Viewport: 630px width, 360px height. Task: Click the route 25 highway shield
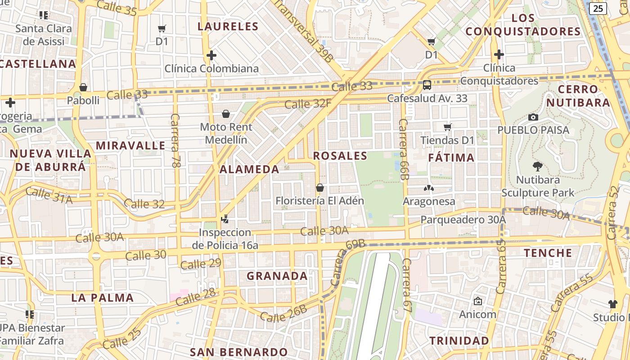coord(598,8)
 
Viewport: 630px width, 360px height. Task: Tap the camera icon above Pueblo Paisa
coord(533,117)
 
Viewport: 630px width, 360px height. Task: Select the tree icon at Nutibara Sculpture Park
coord(537,166)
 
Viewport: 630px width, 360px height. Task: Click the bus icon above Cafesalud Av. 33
coord(427,85)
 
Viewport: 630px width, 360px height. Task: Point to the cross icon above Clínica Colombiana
coord(211,55)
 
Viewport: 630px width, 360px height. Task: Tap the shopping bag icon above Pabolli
coord(83,87)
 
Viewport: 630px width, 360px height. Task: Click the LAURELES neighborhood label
coord(228,26)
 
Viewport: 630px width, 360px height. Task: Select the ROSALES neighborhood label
coord(340,156)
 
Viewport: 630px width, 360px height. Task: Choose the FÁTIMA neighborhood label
coord(451,157)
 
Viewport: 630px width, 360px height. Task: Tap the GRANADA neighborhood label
coord(277,276)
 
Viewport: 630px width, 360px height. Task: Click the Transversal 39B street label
coord(303,30)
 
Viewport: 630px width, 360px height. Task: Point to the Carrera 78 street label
coord(175,141)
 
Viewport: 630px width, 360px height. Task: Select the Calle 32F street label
coord(308,104)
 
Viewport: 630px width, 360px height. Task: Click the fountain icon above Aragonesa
coord(429,188)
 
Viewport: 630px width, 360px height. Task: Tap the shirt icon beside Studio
coord(612,304)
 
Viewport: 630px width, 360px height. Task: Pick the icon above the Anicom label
coord(477,301)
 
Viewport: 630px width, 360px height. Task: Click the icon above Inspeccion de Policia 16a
coord(225,219)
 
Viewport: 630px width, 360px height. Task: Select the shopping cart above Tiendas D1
coord(448,127)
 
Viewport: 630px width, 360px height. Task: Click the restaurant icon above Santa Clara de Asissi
coord(44,15)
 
